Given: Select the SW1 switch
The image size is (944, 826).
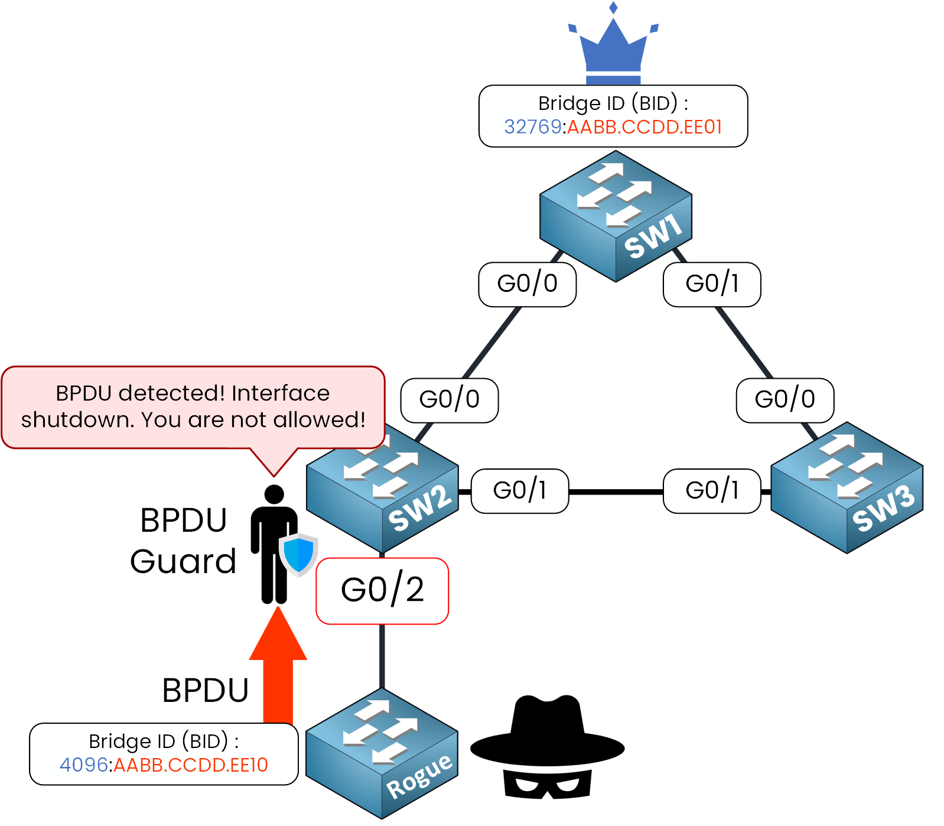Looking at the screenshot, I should tap(616, 216).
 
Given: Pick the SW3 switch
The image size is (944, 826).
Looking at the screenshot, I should tap(847, 488).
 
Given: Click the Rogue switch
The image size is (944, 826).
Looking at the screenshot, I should tap(382, 753).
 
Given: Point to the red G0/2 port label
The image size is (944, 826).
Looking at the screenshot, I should tap(382, 590).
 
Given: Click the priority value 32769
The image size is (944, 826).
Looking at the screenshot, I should tap(532, 127).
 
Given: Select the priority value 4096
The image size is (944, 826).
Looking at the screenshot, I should tap(83, 765).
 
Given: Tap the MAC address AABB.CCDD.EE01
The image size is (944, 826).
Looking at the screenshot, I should tap(644, 127).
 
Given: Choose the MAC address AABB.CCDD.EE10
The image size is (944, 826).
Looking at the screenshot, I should tap(191, 765).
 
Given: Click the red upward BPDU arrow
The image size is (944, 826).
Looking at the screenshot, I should tap(278, 665).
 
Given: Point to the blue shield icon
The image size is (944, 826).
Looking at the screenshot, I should tap(298, 554).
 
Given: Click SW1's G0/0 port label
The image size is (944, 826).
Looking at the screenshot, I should tap(527, 284).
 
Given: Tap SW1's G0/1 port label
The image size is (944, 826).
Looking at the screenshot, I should tap(712, 284).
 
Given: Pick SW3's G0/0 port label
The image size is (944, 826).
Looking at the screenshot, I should tap(785, 400).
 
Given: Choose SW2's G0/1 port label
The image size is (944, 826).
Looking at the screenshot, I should tap(520, 491).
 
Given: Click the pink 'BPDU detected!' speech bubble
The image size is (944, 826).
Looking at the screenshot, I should tap(193, 407).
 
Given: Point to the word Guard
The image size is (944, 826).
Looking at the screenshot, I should tap(183, 561).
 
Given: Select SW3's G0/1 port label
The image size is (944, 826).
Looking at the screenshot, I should tap(712, 491).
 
